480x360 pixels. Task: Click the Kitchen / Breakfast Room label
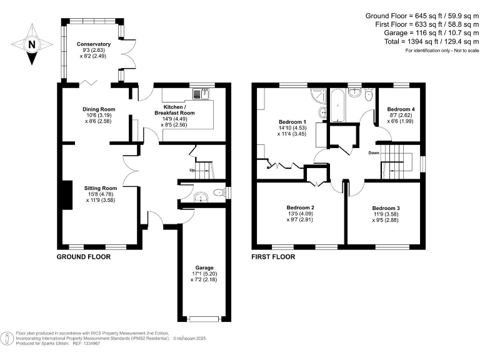coord(179,109)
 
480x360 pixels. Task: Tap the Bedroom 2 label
coord(300,207)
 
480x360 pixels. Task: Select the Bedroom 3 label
coord(386,208)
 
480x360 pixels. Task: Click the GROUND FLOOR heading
coord(84,257)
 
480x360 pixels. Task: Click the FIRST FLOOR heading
coord(272,257)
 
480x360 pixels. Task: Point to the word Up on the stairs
coord(193,171)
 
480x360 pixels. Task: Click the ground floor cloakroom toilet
coord(216,192)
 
